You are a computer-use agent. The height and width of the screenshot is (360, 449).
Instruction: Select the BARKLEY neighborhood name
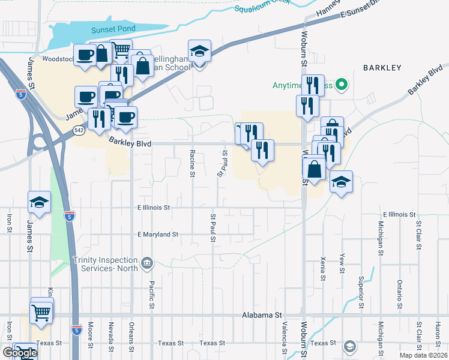(x=382, y=68)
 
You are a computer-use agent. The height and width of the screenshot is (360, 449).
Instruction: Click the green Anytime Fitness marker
(x=342, y=85)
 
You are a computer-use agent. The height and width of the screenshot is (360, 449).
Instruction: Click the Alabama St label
(x=262, y=314)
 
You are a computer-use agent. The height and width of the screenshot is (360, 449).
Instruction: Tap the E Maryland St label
(x=158, y=234)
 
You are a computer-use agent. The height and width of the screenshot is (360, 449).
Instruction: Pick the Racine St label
(x=193, y=163)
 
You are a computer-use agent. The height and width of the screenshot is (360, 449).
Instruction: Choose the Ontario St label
(x=399, y=291)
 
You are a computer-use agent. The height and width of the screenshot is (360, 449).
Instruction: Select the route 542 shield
(x=78, y=129)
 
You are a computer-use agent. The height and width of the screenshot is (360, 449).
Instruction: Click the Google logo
(x=19, y=353)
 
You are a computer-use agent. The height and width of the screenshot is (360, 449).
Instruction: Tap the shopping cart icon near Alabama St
(x=41, y=312)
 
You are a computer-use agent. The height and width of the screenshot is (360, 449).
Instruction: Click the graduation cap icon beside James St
(x=39, y=203)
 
